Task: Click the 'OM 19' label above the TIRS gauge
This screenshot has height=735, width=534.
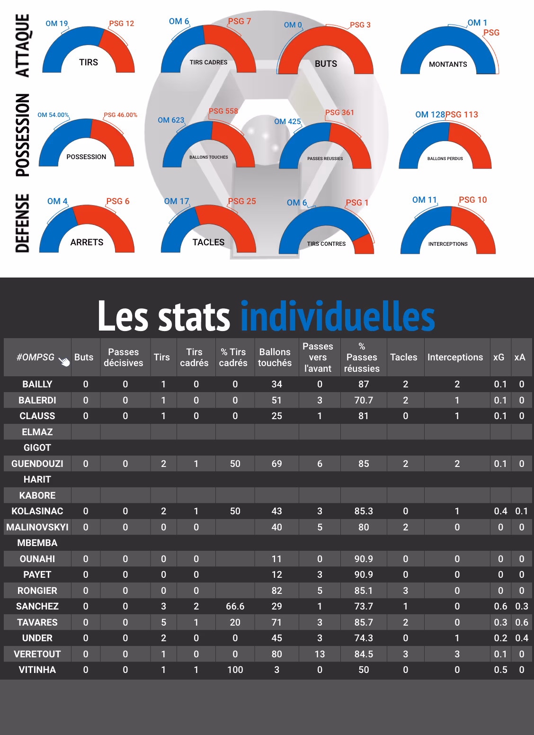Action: pos(56,24)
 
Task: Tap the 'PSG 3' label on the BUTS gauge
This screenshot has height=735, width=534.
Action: pos(360,25)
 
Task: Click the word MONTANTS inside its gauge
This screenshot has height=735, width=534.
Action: pos(448,64)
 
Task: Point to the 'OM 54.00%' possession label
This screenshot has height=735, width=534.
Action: pos(53,115)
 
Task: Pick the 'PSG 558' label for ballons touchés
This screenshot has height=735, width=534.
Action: pos(223,111)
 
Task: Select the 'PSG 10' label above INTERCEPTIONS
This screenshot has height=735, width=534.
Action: pos(472,200)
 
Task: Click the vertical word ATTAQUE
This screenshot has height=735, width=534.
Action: pos(23,45)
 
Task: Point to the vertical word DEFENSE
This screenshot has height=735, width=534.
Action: pos(23,223)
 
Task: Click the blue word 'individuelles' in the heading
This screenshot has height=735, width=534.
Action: pos(338,316)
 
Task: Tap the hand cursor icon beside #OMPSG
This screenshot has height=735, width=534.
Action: pos(64,362)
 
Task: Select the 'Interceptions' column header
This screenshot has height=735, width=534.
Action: pos(455,358)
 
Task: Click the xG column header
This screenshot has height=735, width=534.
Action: pos(498,358)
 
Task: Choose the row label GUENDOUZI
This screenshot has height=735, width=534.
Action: pos(37,464)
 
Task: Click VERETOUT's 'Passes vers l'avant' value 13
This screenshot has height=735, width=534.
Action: pos(320,654)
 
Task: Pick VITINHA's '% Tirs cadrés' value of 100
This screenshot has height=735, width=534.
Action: pos(235,670)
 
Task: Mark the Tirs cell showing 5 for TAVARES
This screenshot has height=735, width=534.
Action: pos(163,622)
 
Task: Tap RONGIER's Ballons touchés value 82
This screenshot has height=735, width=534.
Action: pos(276,591)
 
